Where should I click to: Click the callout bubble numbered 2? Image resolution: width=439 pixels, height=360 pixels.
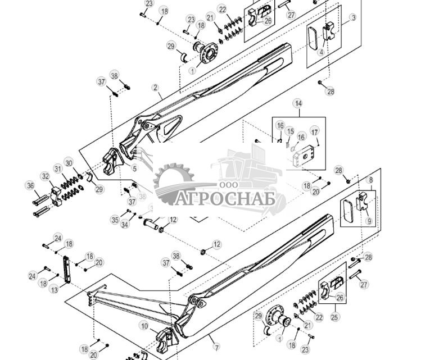155,88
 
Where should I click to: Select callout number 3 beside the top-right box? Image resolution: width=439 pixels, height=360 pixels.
352,18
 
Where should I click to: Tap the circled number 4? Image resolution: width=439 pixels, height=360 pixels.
321,52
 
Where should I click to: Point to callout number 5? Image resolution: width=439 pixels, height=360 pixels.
134,168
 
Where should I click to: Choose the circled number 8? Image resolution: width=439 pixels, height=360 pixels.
370,180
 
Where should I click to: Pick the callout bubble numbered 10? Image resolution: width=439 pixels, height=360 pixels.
144,326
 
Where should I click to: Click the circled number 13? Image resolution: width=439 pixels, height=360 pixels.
54,290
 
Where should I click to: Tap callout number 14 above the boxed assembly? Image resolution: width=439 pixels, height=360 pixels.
298,104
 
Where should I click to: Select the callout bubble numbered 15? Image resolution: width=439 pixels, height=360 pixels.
290,131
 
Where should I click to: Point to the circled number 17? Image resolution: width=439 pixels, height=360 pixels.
315,132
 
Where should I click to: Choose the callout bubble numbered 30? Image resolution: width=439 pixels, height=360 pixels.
69,163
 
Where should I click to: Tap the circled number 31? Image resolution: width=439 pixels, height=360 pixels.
57,168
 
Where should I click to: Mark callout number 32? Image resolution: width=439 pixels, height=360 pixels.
46,176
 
